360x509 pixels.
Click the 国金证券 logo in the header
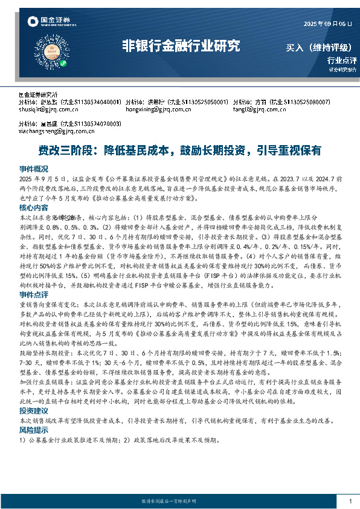point(49,22)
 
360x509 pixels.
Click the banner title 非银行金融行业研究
point(181,46)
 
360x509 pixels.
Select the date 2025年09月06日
point(326,24)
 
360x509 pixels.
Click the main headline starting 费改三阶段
point(179,149)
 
